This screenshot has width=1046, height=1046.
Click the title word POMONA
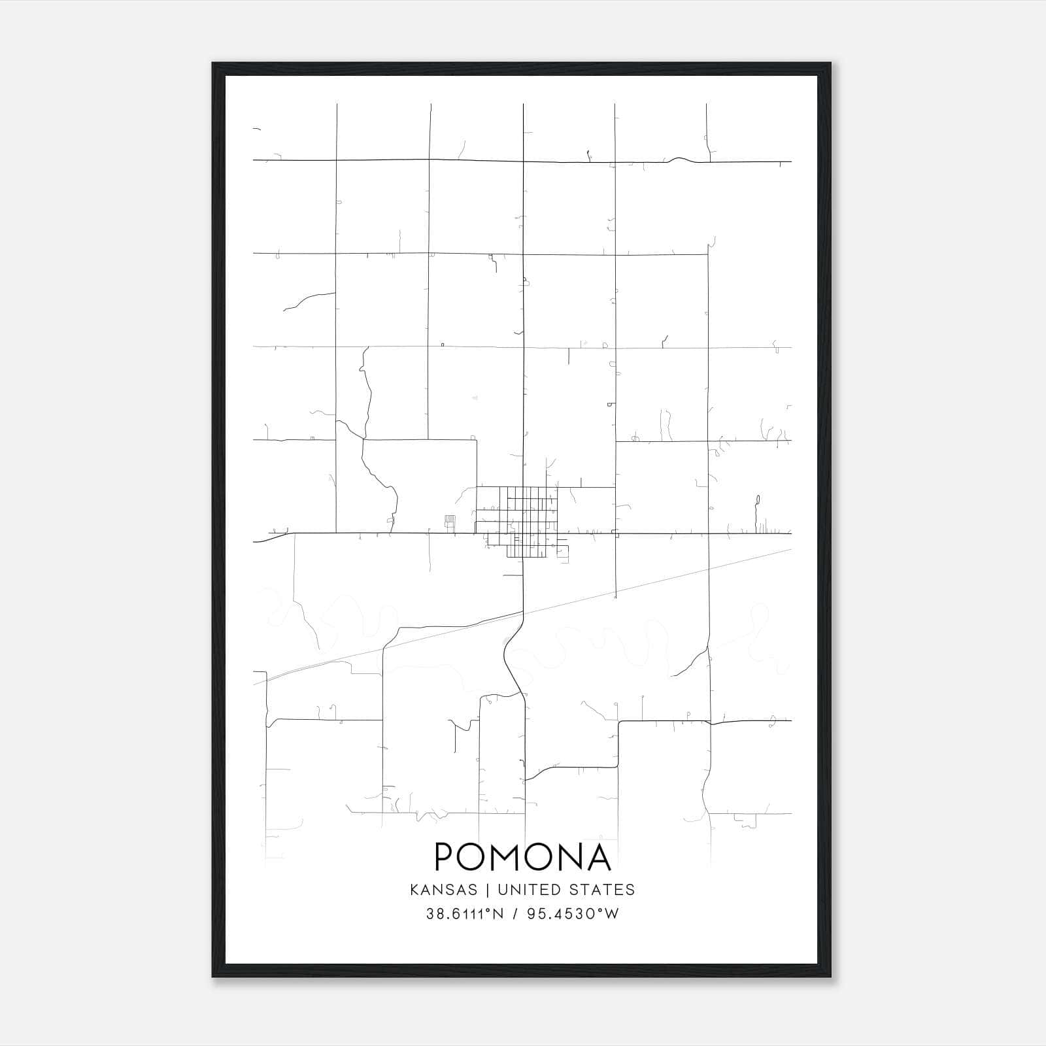(523, 857)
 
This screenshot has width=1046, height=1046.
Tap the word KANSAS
(448, 890)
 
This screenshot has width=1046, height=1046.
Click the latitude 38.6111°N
(465, 914)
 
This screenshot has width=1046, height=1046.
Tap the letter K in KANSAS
(414, 890)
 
